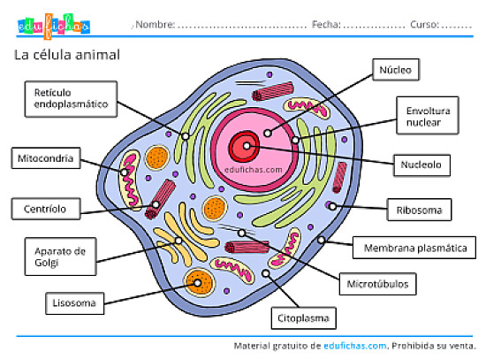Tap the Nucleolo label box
point(422,164)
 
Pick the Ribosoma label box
point(419,211)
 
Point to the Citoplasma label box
point(303,316)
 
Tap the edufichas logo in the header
point(54,26)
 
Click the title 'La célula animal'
point(67,56)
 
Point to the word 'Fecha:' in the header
point(326,25)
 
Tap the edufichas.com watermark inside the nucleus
point(254,168)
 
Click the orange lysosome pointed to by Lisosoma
point(198,284)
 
